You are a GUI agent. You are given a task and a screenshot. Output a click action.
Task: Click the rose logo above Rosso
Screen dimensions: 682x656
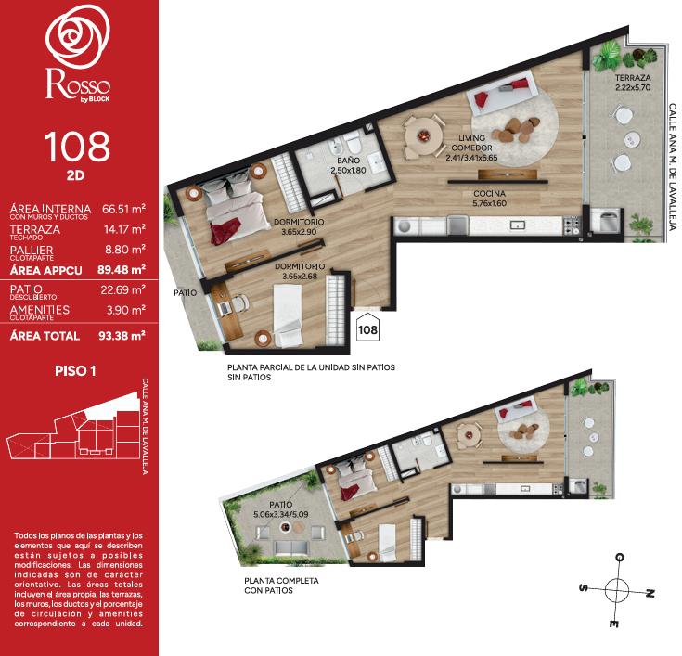click(x=77, y=37)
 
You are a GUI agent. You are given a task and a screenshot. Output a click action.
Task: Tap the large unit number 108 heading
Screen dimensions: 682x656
click(x=77, y=147)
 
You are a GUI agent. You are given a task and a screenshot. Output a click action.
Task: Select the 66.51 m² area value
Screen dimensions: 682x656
click(x=123, y=210)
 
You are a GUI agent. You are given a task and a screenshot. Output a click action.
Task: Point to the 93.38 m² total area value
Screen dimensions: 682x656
click(x=122, y=336)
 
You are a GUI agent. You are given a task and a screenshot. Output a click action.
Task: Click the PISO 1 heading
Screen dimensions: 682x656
click(x=75, y=371)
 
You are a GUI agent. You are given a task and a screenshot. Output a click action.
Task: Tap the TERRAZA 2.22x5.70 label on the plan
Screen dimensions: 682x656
click(x=633, y=83)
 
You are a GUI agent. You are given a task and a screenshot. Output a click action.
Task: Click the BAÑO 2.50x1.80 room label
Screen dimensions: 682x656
click(x=348, y=165)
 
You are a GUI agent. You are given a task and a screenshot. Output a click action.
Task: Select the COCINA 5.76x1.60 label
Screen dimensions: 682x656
click(x=489, y=199)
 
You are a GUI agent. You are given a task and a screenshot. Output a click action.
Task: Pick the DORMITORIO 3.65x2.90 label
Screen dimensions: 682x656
click(x=299, y=226)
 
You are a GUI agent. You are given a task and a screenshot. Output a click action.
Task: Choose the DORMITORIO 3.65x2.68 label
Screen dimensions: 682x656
click(x=300, y=271)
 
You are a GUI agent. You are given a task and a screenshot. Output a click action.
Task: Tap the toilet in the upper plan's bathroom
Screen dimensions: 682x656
click(x=353, y=142)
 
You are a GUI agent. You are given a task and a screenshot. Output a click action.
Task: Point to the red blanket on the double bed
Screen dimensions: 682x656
click(x=225, y=231)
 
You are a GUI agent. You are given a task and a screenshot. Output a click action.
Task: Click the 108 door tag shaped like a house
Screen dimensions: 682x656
click(x=367, y=327)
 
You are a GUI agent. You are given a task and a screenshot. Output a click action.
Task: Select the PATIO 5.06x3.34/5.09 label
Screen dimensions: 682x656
click(x=280, y=509)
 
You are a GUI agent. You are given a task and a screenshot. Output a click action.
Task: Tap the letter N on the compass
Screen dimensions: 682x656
click(x=650, y=593)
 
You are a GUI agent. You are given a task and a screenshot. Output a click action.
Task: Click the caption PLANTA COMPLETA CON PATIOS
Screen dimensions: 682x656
click(x=281, y=585)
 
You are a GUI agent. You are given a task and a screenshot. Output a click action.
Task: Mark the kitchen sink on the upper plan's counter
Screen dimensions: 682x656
click(x=517, y=225)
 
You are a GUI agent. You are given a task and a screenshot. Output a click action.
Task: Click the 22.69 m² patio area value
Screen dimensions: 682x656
click(x=123, y=289)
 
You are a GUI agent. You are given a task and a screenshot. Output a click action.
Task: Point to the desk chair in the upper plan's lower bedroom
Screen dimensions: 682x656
click(x=238, y=302)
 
